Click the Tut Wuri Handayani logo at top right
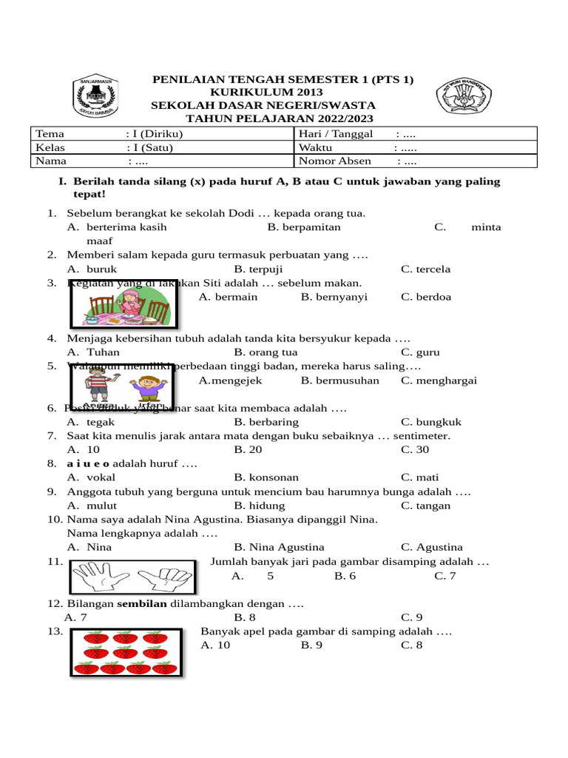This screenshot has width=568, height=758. (463, 97)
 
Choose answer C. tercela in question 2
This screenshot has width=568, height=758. (425, 269)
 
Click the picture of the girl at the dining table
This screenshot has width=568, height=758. (122, 304)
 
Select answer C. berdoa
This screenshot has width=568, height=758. (426, 297)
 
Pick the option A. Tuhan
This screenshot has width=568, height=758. (93, 352)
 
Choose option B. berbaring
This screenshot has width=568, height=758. (266, 422)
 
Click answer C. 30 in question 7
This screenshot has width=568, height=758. (416, 449)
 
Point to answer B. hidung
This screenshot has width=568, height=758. (260, 506)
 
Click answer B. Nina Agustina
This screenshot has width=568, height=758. (279, 547)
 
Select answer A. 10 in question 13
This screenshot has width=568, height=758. (215, 645)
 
